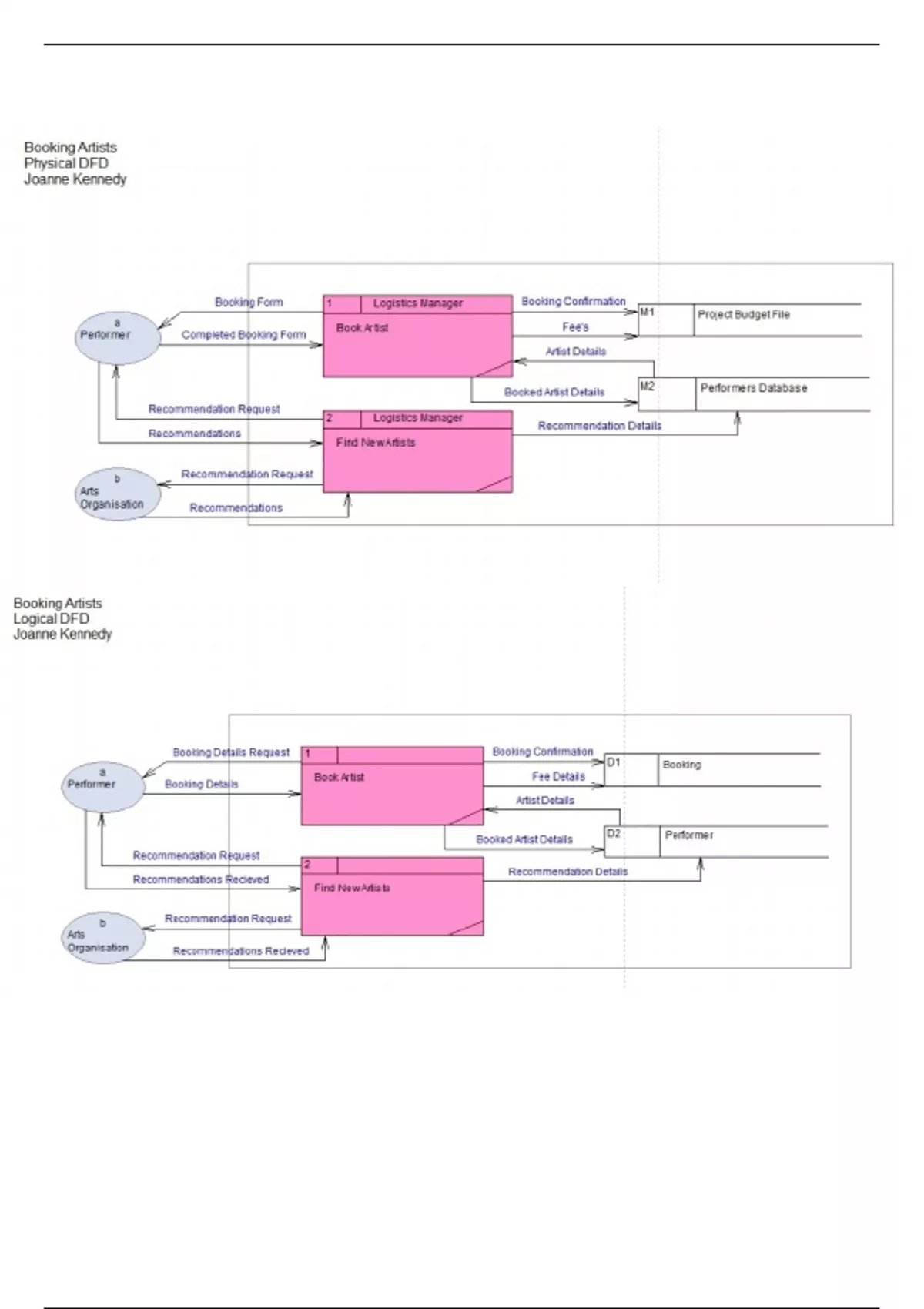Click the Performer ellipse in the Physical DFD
(x=117, y=336)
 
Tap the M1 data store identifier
(x=647, y=312)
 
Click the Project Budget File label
(x=743, y=314)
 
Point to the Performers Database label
(x=753, y=388)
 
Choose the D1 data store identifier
(x=613, y=762)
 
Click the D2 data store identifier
(x=614, y=834)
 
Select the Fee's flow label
(x=575, y=327)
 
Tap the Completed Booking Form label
(x=243, y=335)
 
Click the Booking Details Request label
(x=231, y=752)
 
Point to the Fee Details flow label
(x=558, y=776)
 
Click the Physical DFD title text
(x=66, y=163)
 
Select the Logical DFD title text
(x=51, y=619)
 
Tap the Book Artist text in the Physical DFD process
(x=362, y=328)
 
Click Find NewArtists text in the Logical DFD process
(x=352, y=888)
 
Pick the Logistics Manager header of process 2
(x=417, y=418)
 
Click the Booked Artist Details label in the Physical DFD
(x=554, y=392)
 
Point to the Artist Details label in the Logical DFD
(x=544, y=801)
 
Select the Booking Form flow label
(x=248, y=303)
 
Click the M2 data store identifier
(x=647, y=386)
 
